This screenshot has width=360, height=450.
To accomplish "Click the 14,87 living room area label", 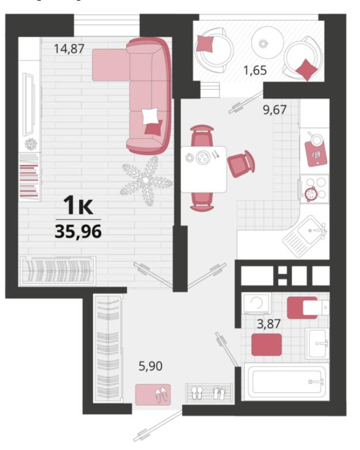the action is click(69, 48).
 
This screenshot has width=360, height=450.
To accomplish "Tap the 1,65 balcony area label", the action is click(255, 70).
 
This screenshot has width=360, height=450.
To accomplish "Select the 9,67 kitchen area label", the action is click(275, 110).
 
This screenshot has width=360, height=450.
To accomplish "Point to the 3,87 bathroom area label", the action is click(268, 324).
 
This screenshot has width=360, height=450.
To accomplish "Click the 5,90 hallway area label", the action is click(150, 366).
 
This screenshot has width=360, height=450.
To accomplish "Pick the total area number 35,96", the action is click(78, 231).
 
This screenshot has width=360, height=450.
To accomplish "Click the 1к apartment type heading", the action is click(78, 205).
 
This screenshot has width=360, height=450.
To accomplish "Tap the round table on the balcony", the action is click(267, 43).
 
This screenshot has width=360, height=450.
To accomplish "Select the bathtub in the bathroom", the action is click(286, 381).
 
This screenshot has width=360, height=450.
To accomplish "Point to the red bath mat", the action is click(266, 344).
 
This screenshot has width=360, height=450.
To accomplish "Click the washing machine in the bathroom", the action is click(256, 303).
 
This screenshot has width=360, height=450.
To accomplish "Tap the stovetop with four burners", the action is click(314, 189).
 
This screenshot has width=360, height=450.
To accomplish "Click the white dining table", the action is click(204, 169).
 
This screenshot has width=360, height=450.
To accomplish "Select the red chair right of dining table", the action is click(241, 164).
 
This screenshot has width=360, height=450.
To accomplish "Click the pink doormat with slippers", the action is click(153, 395).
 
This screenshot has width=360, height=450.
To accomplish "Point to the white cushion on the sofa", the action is click(150, 116).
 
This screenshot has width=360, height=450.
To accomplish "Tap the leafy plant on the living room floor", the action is click(146, 181).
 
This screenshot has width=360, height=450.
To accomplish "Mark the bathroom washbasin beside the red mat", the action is click(317, 344).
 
